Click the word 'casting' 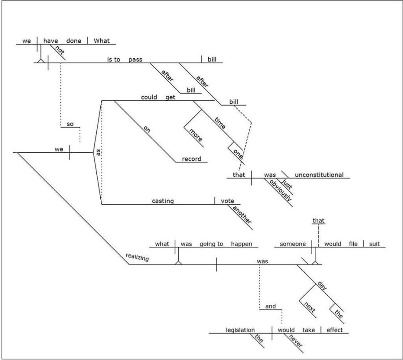[163, 201]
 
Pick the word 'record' [192, 159]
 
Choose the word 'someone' [292, 244]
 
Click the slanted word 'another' [241, 216]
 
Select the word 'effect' [334, 330]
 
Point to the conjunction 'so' [70, 124]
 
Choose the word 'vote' [227, 201]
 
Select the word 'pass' [135, 59]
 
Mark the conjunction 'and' [270, 306]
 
